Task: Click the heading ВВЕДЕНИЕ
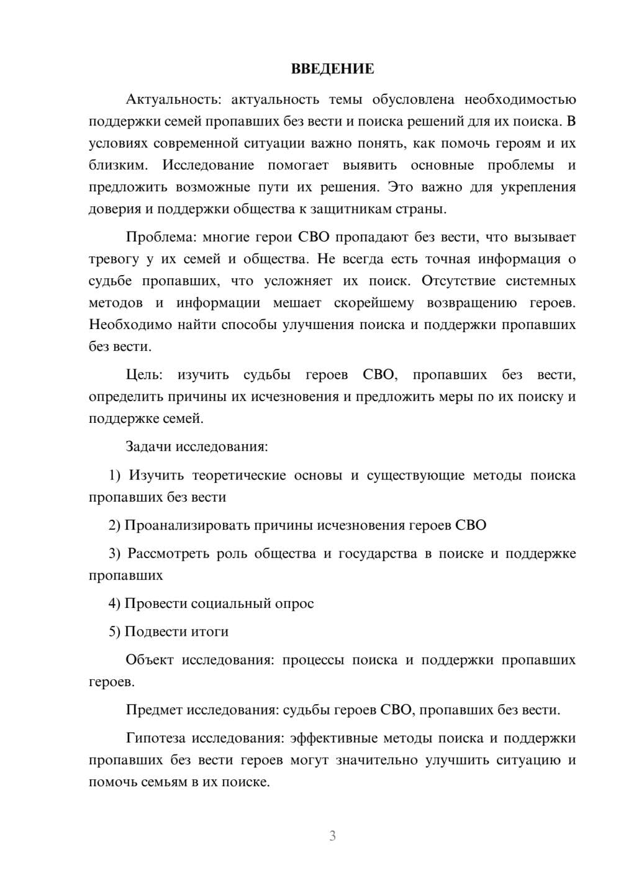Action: pyautogui.click(x=332, y=69)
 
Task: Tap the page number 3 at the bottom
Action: pyautogui.click(x=332, y=836)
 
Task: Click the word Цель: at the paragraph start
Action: pyautogui.click(x=144, y=374)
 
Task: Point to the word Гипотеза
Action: pyautogui.click(x=155, y=738)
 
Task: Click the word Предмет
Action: pyautogui.click(x=154, y=710)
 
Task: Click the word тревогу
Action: pyautogui.click(x=112, y=259)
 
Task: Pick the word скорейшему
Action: pyautogui.click(x=374, y=303)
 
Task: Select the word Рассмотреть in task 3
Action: pyautogui.click(x=168, y=553)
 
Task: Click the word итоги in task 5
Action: pyautogui.click(x=211, y=631)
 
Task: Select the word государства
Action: pyautogui.click(x=378, y=553)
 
